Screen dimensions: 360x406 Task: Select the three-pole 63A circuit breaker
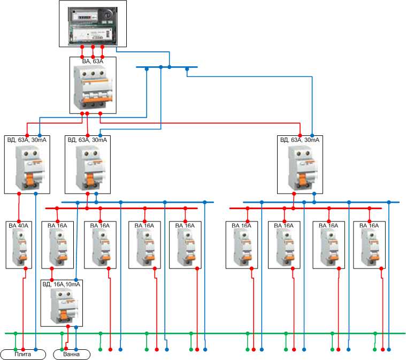(x=93, y=88)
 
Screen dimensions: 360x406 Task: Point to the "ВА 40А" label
(x=19, y=225)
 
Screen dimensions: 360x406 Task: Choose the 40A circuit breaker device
(x=20, y=247)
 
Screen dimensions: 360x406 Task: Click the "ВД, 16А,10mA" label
(x=62, y=284)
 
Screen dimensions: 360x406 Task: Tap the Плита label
(x=23, y=354)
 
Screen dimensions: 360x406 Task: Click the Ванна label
(x=72, y=354)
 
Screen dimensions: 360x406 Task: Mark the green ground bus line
(x=214, y=333)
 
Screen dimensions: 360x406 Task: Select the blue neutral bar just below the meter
(x=166, y=67)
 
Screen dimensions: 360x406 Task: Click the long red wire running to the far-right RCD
(x=214, y=122)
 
